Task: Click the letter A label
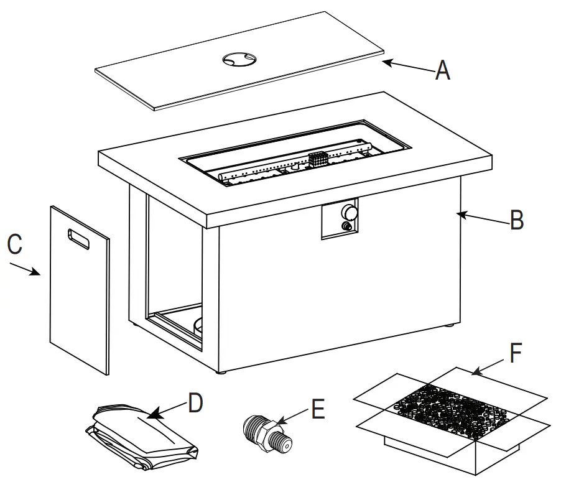coord(442,70)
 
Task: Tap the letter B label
coord(516,220)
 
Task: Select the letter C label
coord(15,244)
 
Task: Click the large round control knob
coord(350,212)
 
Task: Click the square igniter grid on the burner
coord(318,159)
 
